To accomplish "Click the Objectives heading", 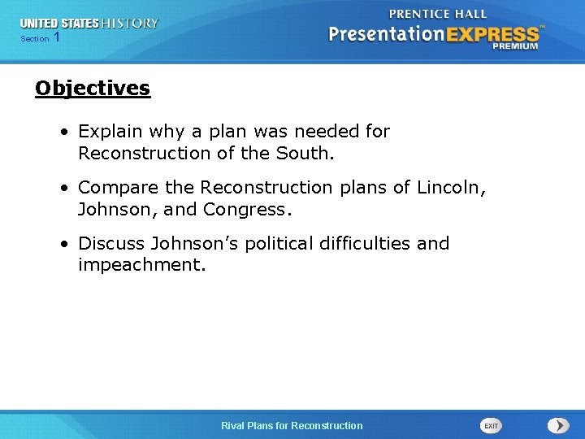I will (93, 88).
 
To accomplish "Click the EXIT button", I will (491, 426).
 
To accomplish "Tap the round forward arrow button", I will (558, 426).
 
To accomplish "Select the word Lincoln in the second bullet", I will (449, 188).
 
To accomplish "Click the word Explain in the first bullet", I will (109, 132).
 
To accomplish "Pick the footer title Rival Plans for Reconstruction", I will (292, 426).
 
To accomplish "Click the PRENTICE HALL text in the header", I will (438, 14).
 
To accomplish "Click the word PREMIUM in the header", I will (515, 47).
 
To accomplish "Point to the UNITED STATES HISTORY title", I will (89, 24).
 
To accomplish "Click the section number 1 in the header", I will (56, 38).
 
